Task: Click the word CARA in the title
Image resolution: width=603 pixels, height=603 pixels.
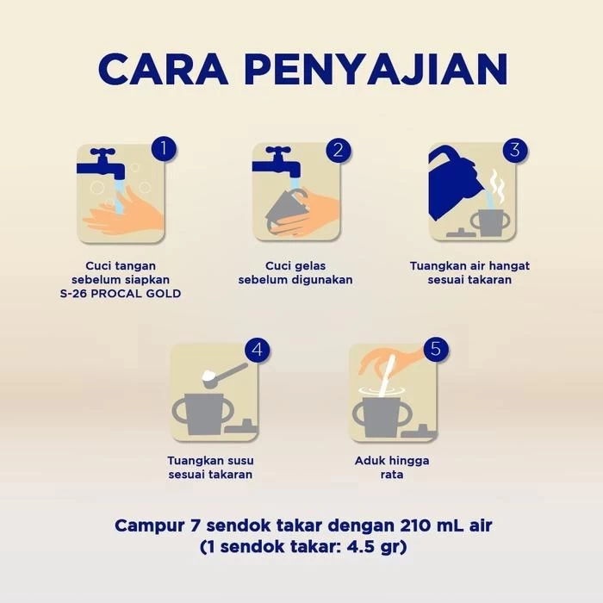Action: point(164,69)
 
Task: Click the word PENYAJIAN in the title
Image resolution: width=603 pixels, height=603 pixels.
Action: point(376,69)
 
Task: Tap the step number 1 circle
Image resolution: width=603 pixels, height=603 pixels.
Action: point(164,148)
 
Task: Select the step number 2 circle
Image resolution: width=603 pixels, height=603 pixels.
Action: point(339,150)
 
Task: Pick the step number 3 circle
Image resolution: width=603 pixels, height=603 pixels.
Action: point(515,149)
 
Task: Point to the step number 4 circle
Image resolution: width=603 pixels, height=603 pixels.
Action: point(258,350)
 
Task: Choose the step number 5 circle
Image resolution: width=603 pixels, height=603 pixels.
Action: point(436,349)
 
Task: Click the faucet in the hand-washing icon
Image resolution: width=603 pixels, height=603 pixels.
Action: point(101,164)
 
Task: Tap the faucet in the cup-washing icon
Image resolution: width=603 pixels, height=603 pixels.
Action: point(277,162)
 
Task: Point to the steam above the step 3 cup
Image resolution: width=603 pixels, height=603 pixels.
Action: point(496,187)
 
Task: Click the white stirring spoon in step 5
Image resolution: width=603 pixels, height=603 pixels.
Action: point(388,376)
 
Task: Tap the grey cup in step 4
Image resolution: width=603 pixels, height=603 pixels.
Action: point(204,413)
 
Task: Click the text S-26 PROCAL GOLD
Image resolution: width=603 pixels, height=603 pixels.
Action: point(121,294)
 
